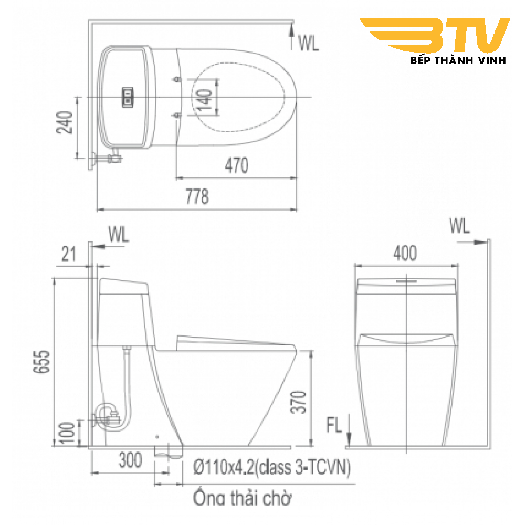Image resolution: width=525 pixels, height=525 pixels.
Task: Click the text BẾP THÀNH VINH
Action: (x=457, y=60)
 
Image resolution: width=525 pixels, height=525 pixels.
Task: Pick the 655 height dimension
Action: (x=43, y=362)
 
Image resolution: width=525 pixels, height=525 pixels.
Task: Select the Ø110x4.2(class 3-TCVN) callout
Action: (x=271, y=467)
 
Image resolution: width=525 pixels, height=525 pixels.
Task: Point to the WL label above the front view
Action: (x=459, y=226)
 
